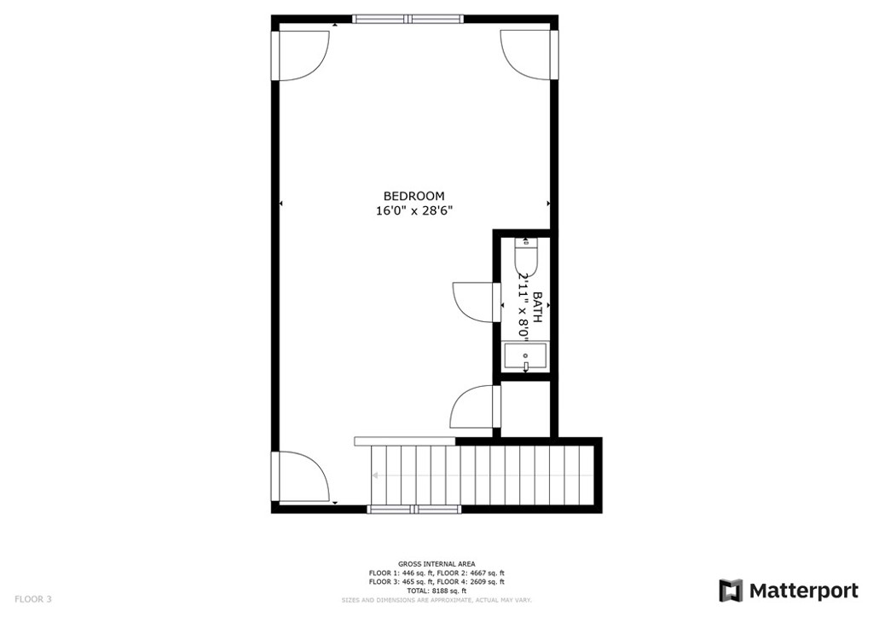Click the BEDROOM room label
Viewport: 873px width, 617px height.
(x=413, y=196)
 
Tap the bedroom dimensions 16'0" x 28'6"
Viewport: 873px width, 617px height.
(x=413, y=211)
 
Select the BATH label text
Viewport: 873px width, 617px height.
(x=538, y=307)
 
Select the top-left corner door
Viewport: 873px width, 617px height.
(x=302, y=55)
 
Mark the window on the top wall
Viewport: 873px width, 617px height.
(x=408, y=18)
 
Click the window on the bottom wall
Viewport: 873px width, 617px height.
(x=413, y=509)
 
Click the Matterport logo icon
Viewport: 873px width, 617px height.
(x=731, y=591)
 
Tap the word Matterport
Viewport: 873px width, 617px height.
(x=803, y=591)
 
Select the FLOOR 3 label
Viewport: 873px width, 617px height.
(x=33, y=599)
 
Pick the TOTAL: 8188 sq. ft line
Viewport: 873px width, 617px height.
(x=436, y=590)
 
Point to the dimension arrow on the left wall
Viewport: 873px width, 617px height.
(x=281, y=204)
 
